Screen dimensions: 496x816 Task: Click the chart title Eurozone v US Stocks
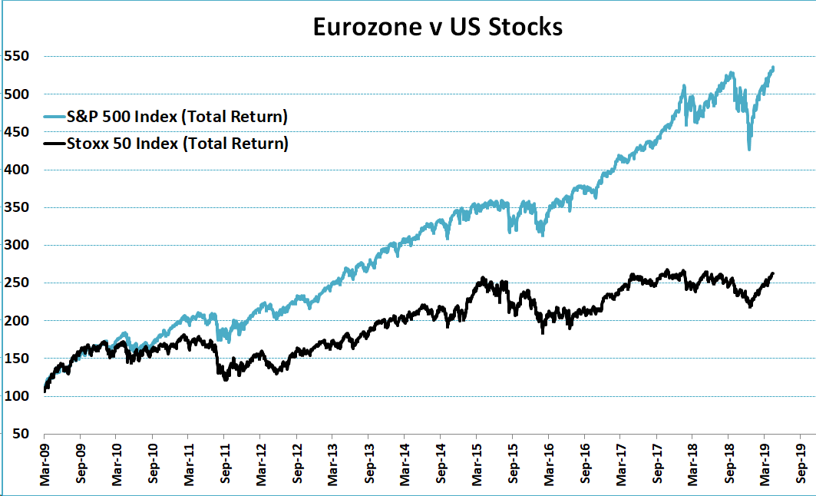tap(438, 27)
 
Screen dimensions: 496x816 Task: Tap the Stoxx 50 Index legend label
tap(178, 143)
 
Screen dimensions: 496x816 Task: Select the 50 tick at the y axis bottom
tap(21, 434)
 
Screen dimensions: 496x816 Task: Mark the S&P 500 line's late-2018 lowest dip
tap(749, 149)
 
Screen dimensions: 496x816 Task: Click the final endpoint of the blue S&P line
tap(773, 68)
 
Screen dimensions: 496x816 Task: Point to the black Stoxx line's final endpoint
tap(773, 273)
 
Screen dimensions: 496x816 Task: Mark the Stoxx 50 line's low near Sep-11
tap(225, 379)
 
